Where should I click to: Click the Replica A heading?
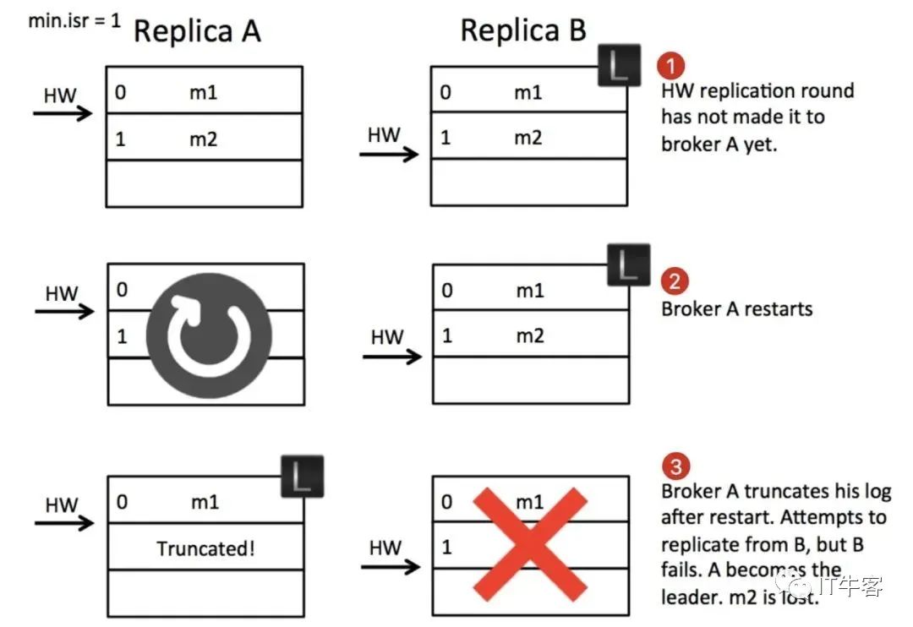click(197, 31)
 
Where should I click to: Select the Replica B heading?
click(522, 30)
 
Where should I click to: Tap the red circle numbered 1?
click(670, 66)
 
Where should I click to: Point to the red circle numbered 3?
click(675, 466)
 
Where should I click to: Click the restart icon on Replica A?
click(209, 332)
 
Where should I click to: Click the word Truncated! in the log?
click(205, 548)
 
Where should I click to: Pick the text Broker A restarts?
click(736, 308)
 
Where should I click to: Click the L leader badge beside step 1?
click(619, 67)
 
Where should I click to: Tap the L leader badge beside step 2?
click(629, 264)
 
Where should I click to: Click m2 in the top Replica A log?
click(203, 138)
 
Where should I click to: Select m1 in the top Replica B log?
click(528, 92)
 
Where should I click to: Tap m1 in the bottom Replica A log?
click(205, 502)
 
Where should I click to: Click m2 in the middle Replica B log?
click(530, 336)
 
